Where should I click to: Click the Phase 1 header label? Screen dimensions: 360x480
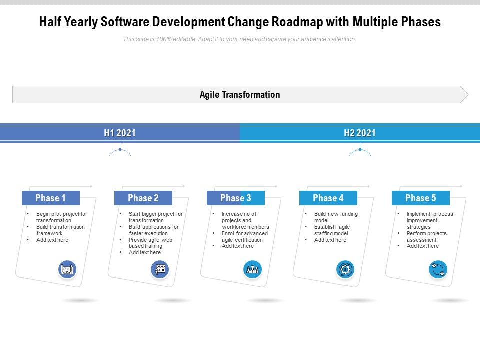click(50, 198)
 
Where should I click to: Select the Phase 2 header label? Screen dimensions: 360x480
click(143, 198)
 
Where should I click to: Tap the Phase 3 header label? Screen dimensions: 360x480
click(235, 198)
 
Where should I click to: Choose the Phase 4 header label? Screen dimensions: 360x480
click(328, 198)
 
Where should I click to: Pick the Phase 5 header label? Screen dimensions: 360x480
click(420, 198)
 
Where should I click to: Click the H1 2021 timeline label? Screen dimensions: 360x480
click(120, 133)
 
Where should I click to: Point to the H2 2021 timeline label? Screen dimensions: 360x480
click(360, 133)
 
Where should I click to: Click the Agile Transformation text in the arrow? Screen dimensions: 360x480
click(240, 95)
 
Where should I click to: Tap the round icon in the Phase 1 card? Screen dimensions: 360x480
click(67, 270)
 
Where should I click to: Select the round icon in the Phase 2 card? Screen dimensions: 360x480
click(160, 270)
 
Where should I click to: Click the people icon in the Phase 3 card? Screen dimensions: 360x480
click(252, 270)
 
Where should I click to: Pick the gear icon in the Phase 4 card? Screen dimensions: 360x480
click(345, 270)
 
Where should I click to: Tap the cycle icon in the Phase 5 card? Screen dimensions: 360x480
click(438, 270)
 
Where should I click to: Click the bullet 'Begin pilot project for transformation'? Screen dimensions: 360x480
click(61, 217)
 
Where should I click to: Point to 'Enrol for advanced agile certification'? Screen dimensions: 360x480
click(244, 236)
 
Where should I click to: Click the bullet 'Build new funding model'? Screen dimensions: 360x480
click(335, 217)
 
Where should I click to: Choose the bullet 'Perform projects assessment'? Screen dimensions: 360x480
click(426, 236)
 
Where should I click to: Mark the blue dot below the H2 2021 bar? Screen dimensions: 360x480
click(360, 149)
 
